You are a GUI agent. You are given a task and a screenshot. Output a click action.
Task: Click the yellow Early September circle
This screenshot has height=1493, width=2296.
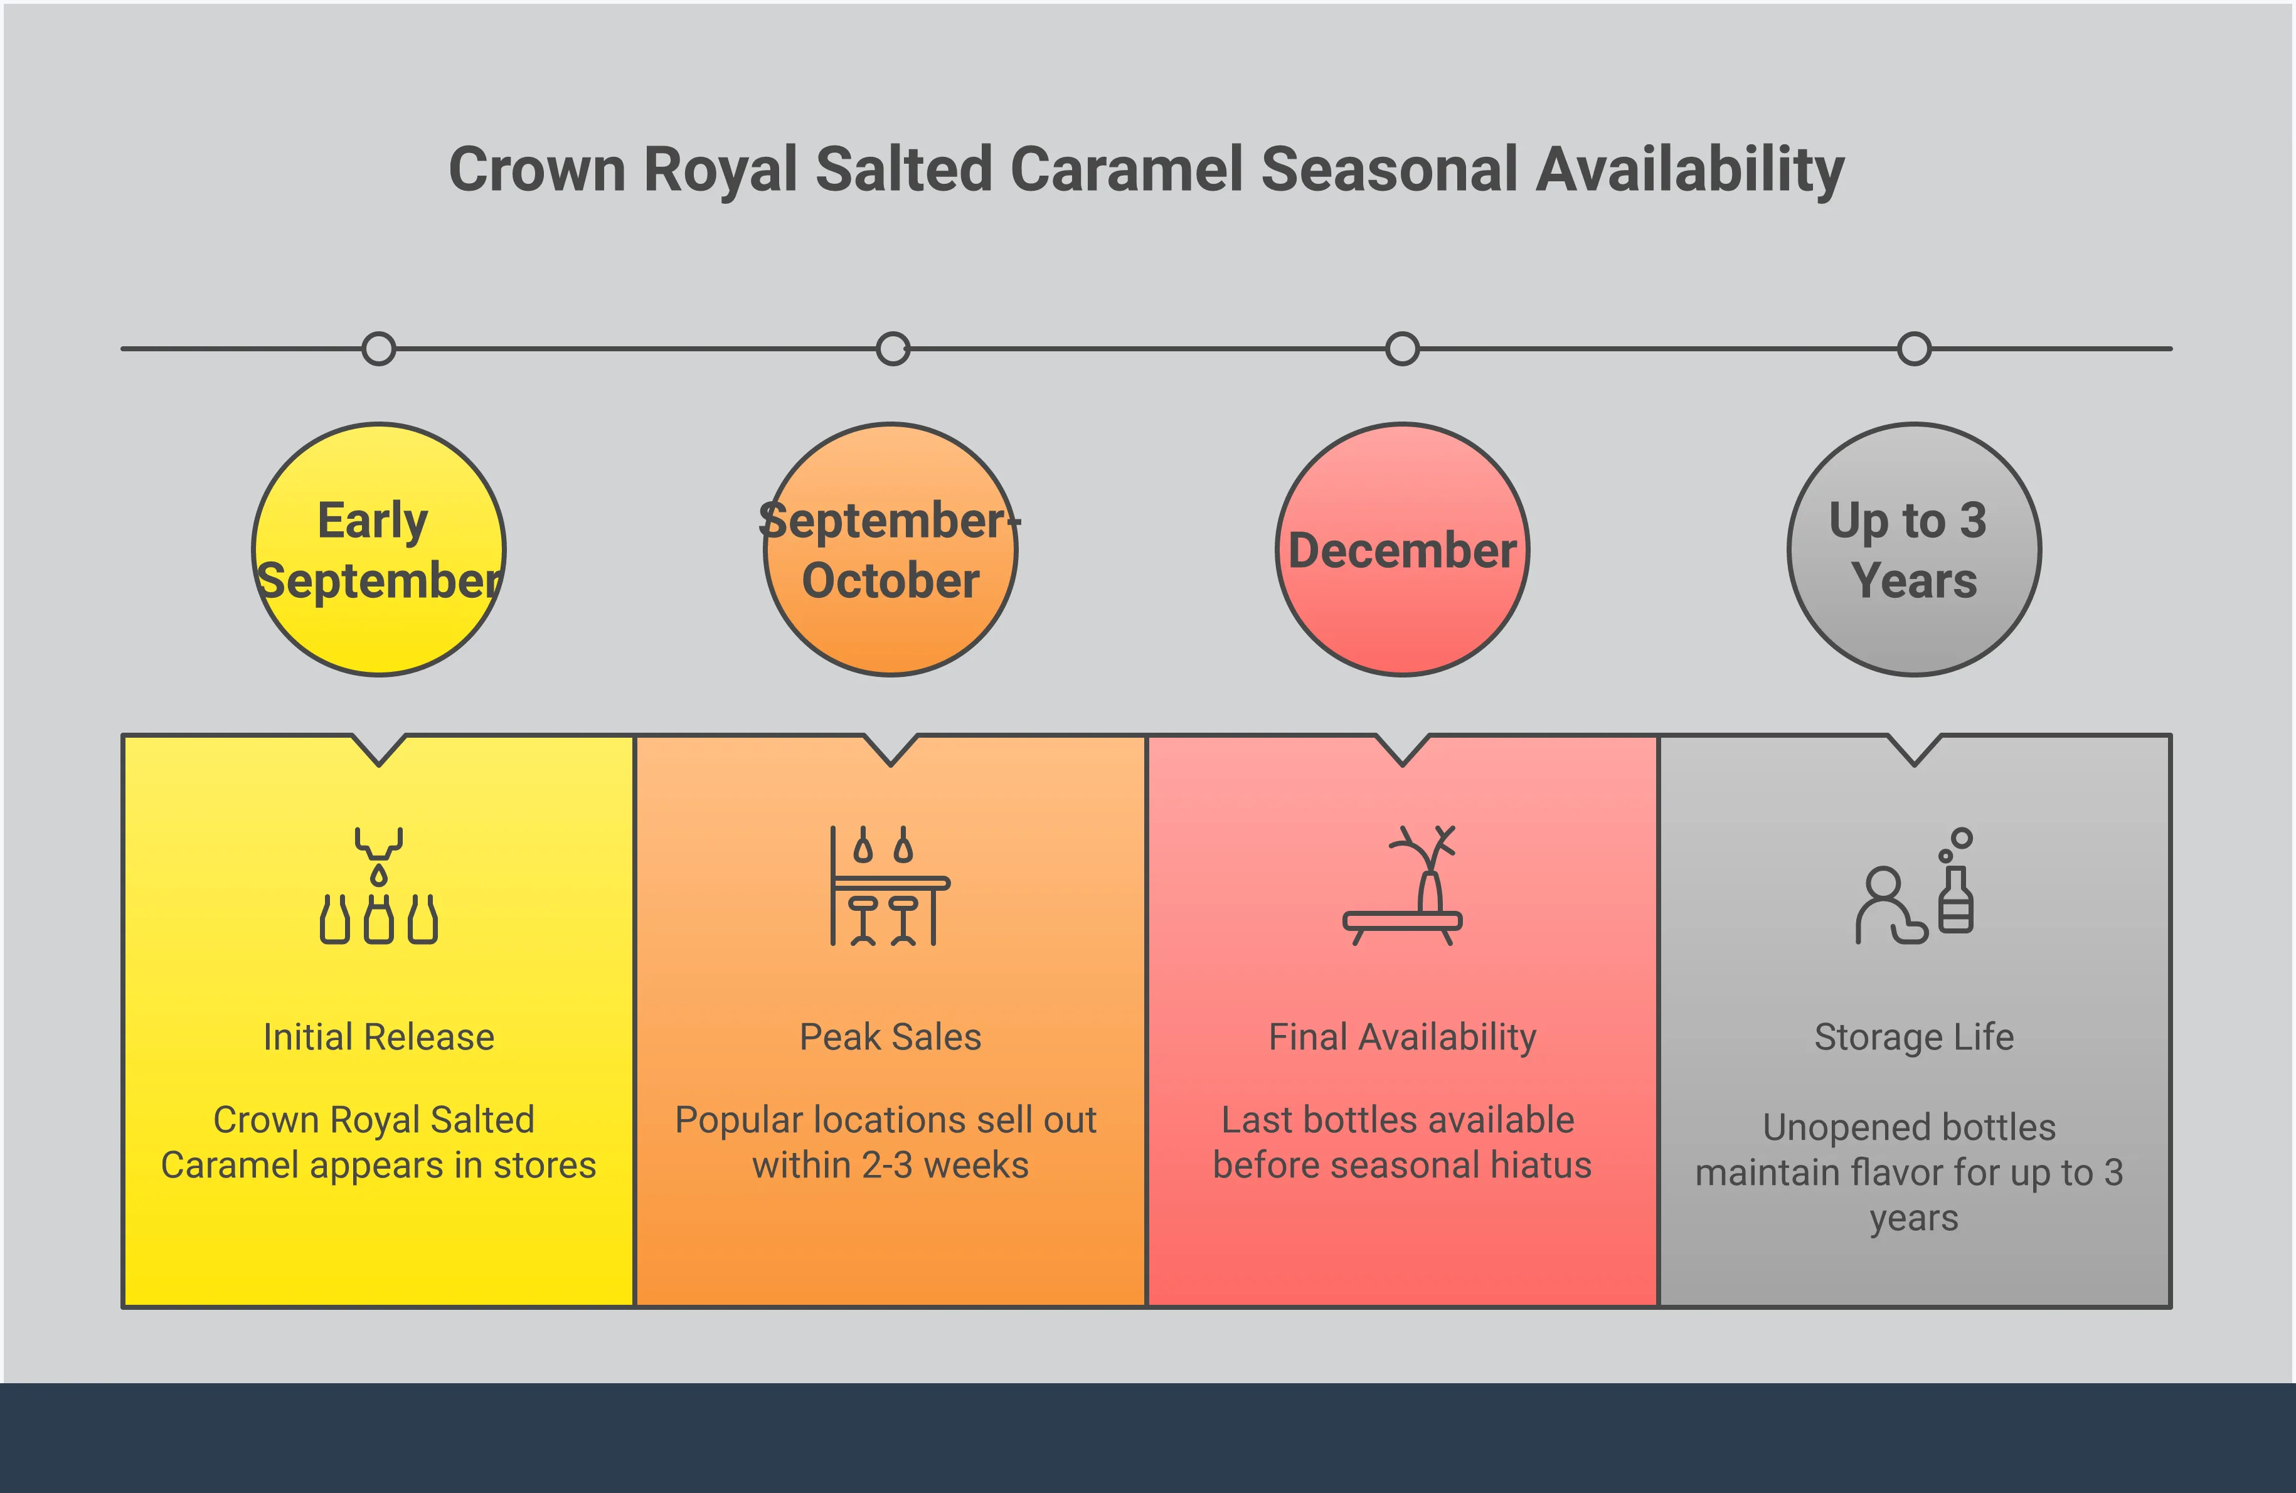pos(378,550)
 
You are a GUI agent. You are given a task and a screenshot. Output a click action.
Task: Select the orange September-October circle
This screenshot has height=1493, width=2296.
pos(890,550)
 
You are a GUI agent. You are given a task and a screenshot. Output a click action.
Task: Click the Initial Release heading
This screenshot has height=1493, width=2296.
pos(378,1037)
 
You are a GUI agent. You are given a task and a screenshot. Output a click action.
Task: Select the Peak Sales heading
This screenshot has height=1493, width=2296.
pos(890,1037)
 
